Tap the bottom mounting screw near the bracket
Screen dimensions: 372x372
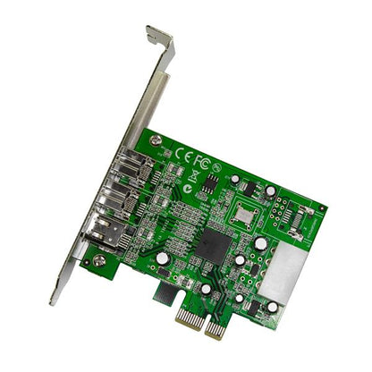[99, 261]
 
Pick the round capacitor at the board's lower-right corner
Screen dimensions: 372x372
[272, 307]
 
